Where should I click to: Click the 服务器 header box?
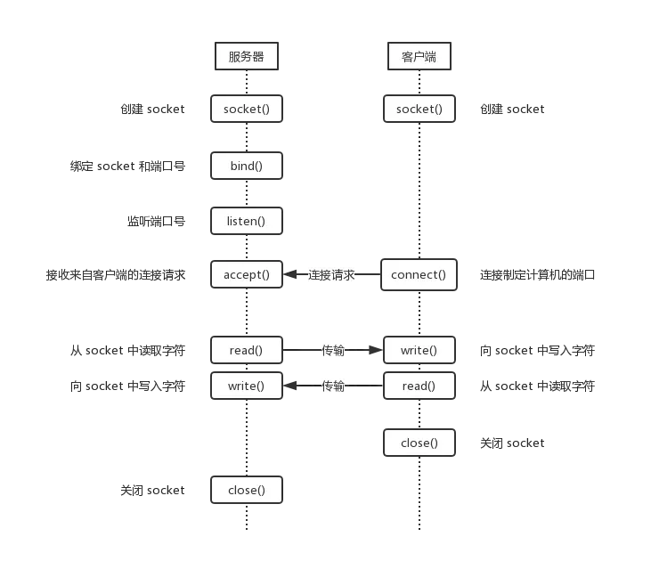(x=246, y=57)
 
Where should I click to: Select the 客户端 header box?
(x=419, y=57)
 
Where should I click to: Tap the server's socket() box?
(x=246, y=110)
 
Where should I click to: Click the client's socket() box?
(x=419, y=110)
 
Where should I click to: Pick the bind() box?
(x=246, y=166)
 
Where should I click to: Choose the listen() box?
(x=246, y=220)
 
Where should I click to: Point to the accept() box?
(x=246, y=274)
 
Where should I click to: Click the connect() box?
(x=419, y=274)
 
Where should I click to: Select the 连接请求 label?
(x=331, y=274)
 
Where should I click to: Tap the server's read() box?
(x=246, y=350)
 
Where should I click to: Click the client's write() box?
(x=419, y=350)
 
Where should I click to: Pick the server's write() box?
(x=246, y=386)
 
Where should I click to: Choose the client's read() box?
(x=419, y=386)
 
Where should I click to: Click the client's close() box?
(x=419, y=443)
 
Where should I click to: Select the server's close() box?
(x=246, y=490)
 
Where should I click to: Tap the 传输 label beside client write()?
(x=334, y=350)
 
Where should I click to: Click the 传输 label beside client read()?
(x=334, y=386)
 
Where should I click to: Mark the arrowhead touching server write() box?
(x=288, y=386)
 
